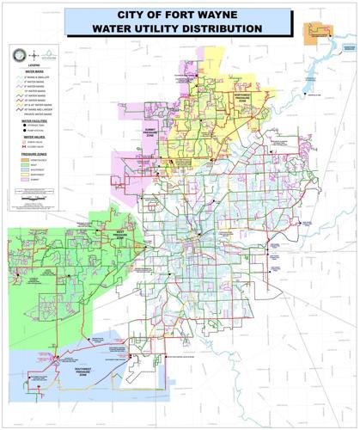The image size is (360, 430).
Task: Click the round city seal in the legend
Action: point(18,53)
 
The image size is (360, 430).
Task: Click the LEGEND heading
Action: point(34,65)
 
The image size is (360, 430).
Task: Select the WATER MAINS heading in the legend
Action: point(34,72)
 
